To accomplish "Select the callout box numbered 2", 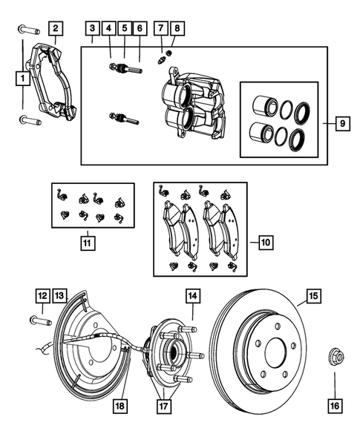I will pyautogui.click(x=55, y=29).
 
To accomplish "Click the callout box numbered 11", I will pyautogui.click(x=87, y=242).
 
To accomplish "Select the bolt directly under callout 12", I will pyautogui.click(x=40, y=320).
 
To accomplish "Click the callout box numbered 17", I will pyautogui.click(x=163, y=405).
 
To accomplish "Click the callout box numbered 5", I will pyautogui.click(x=124, y=29).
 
